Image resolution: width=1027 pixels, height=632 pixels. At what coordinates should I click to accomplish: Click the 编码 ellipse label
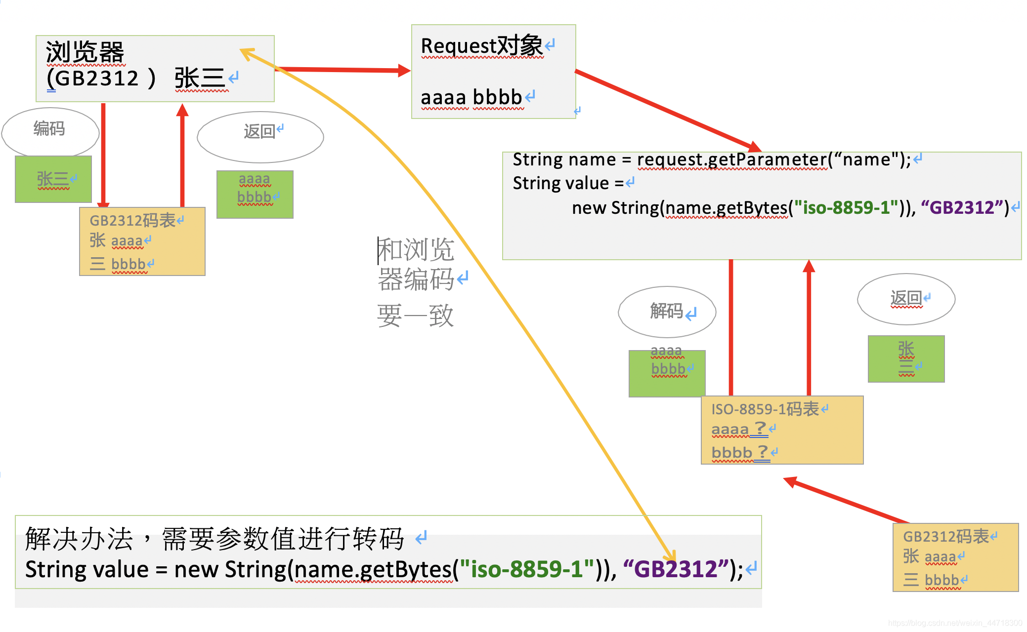(49, 129)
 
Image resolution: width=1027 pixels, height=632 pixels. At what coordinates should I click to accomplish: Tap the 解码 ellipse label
(667, 311)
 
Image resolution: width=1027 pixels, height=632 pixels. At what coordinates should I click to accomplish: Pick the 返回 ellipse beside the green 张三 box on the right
(906, 298)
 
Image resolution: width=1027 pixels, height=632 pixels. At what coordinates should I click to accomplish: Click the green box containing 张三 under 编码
(53, 179)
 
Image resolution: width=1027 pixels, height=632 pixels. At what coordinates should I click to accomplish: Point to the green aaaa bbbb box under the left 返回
(255, 194)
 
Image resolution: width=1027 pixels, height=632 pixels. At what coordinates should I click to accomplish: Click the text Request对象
(482, 46)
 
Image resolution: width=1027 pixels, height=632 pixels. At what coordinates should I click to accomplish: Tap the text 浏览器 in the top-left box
(85, 52)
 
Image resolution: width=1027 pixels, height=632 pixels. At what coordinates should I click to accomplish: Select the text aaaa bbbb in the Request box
(471, 97)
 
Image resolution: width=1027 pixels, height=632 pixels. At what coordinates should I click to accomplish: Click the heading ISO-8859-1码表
(765, 409)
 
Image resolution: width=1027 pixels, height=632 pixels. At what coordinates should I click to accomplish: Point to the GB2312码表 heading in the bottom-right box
(946, 537)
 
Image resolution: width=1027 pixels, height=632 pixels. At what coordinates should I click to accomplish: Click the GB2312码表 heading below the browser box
(132, 220)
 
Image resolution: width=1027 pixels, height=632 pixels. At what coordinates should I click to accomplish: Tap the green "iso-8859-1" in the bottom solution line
(526, 569)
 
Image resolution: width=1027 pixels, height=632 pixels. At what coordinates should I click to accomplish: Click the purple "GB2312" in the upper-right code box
(962, 207)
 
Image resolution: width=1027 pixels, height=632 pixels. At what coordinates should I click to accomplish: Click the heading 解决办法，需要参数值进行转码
(215, 538)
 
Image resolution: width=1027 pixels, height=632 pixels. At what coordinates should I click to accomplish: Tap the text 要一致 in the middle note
(415, 316)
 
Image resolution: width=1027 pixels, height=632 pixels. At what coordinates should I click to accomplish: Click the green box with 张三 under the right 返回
(906, 359)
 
